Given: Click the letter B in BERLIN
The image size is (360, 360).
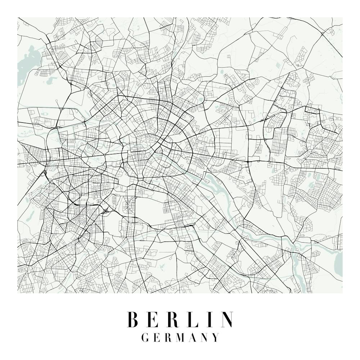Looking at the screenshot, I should click(x=133, y=319).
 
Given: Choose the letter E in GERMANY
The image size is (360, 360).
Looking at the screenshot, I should click(x=157, y=337).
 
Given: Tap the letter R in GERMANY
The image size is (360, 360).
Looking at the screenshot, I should click(x=168, y=337).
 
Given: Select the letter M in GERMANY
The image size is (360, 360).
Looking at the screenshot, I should click(x=181, y=337).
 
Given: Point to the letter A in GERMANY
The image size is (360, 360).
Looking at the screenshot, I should click(x=194, y=337).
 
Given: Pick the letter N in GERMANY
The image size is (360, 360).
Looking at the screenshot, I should click(x=205, y=337).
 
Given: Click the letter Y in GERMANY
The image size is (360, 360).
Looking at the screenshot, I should click(x=216, y=337).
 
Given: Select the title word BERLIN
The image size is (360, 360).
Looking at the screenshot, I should click(x=180, y=319).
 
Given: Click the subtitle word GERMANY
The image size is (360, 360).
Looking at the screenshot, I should click(x=180, y=337).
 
